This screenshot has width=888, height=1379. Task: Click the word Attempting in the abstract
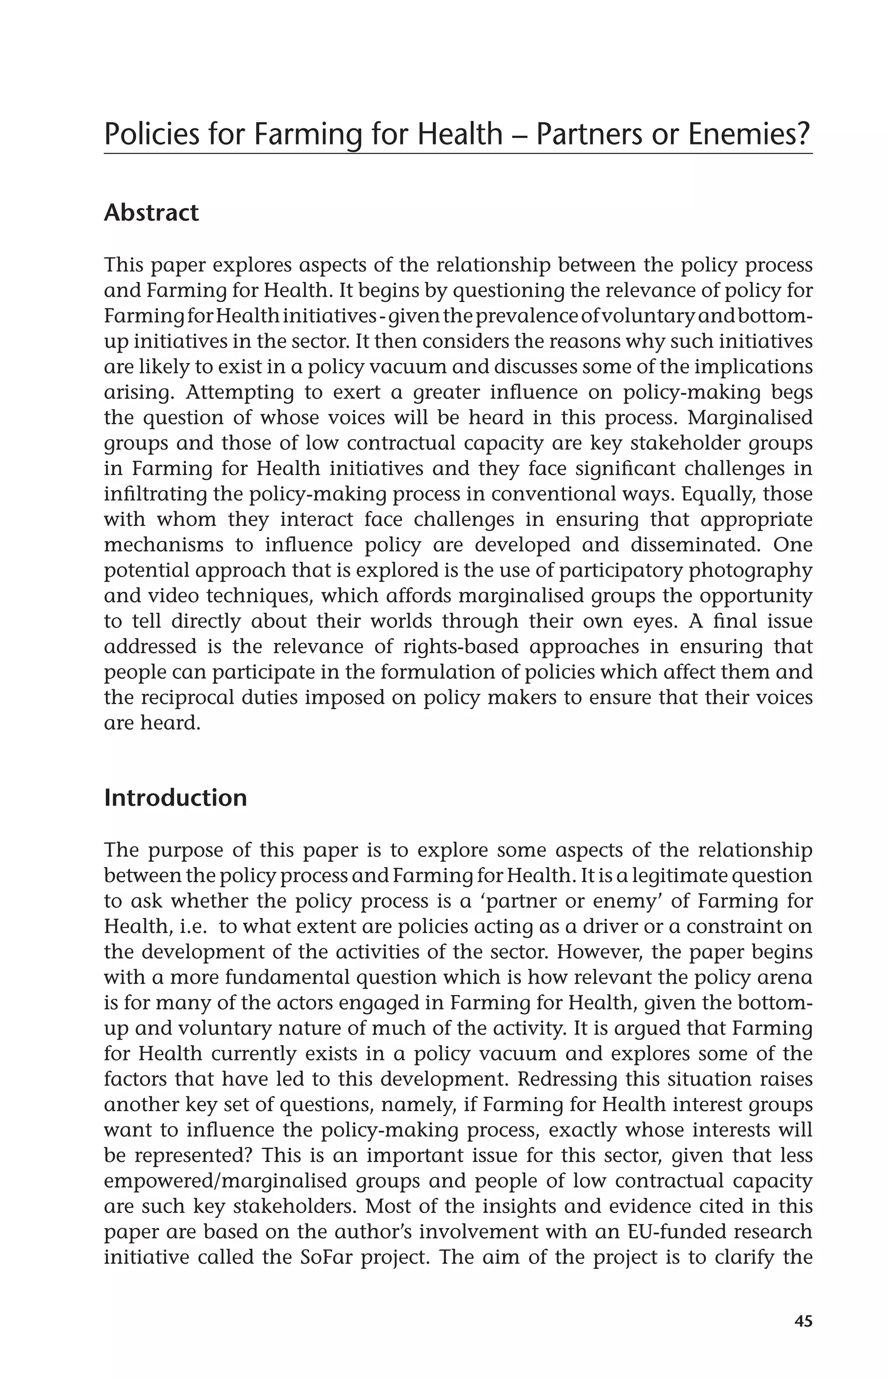pyautogui.click(x=241, y=392)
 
